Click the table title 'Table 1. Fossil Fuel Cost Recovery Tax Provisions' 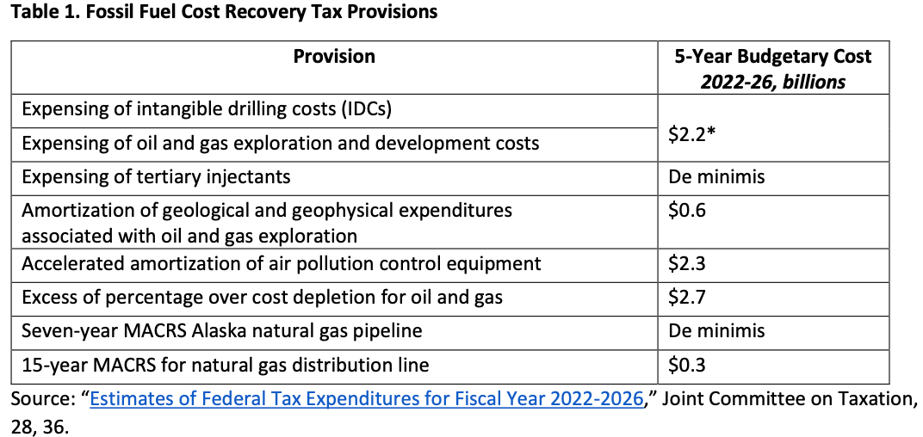pos(223,12)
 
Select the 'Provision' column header pos(334,57)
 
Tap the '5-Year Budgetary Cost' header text pos(773,57)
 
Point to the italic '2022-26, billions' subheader pos(772,83)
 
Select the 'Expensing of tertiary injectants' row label pos(156,177)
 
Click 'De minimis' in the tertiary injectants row pos(716,177)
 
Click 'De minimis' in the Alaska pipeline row pos(716,330)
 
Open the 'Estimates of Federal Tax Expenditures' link pos(367,399)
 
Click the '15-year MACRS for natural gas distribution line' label pos(226,365)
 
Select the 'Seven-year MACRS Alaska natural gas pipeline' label pos(221,330)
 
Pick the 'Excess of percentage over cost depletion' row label pos(262,297)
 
